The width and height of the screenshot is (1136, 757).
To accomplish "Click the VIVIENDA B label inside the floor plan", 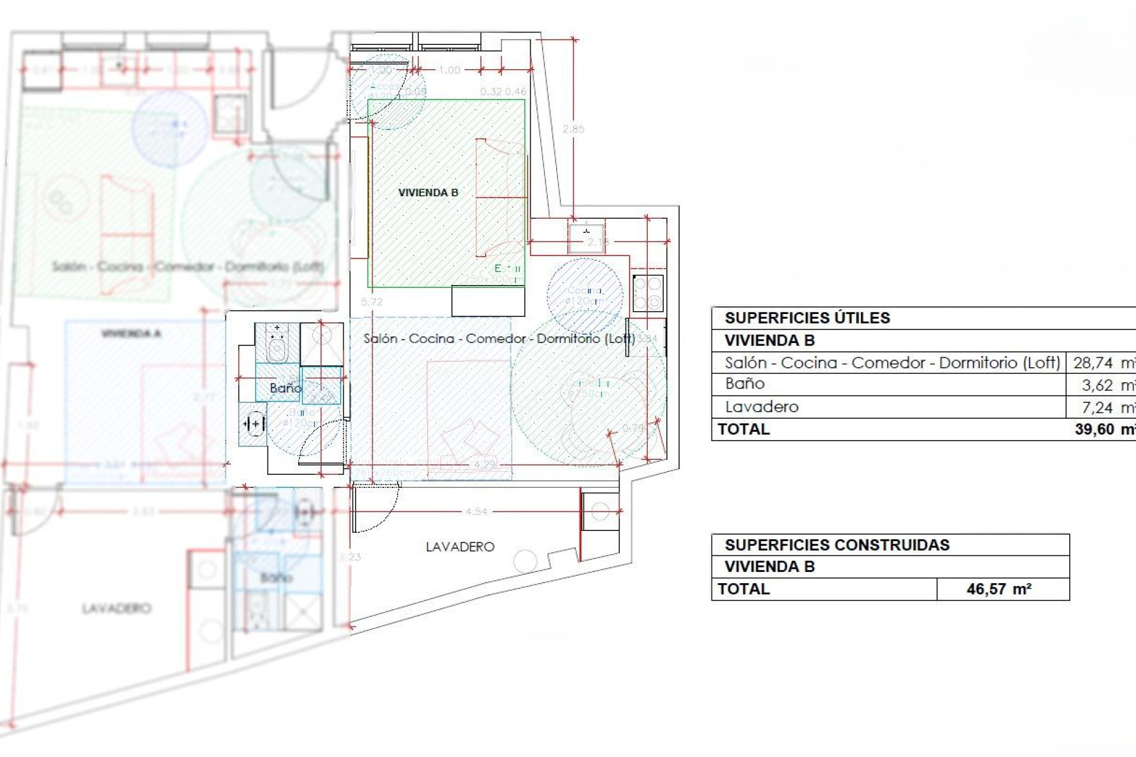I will click(x=428, y=193).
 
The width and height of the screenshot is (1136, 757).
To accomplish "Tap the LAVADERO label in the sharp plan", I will click(x=460, y=547).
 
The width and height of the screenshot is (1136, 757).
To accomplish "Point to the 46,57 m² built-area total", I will click(x=999, y=589).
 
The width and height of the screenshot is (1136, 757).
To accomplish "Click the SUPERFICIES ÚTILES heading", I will click(x=807, y=318).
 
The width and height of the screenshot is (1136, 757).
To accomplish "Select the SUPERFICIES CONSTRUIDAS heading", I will click(x=837, y=545).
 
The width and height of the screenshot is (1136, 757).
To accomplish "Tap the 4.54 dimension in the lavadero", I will click(x=476, y=512).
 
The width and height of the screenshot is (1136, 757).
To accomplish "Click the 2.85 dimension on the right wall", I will click(x=573, y=129).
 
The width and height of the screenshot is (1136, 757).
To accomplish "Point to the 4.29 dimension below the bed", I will click(x=484, y=464).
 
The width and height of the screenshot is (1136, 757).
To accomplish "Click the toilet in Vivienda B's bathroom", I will click(x=276, y=347).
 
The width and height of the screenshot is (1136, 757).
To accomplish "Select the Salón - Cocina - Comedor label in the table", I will click(x=892, y=363).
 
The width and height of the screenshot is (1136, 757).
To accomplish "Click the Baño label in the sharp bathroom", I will click(x=285, y=388).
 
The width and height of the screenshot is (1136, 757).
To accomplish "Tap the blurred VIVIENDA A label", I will click(x=131, y=334).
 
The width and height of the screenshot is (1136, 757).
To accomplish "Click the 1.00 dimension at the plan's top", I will click(x=449, y=70).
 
